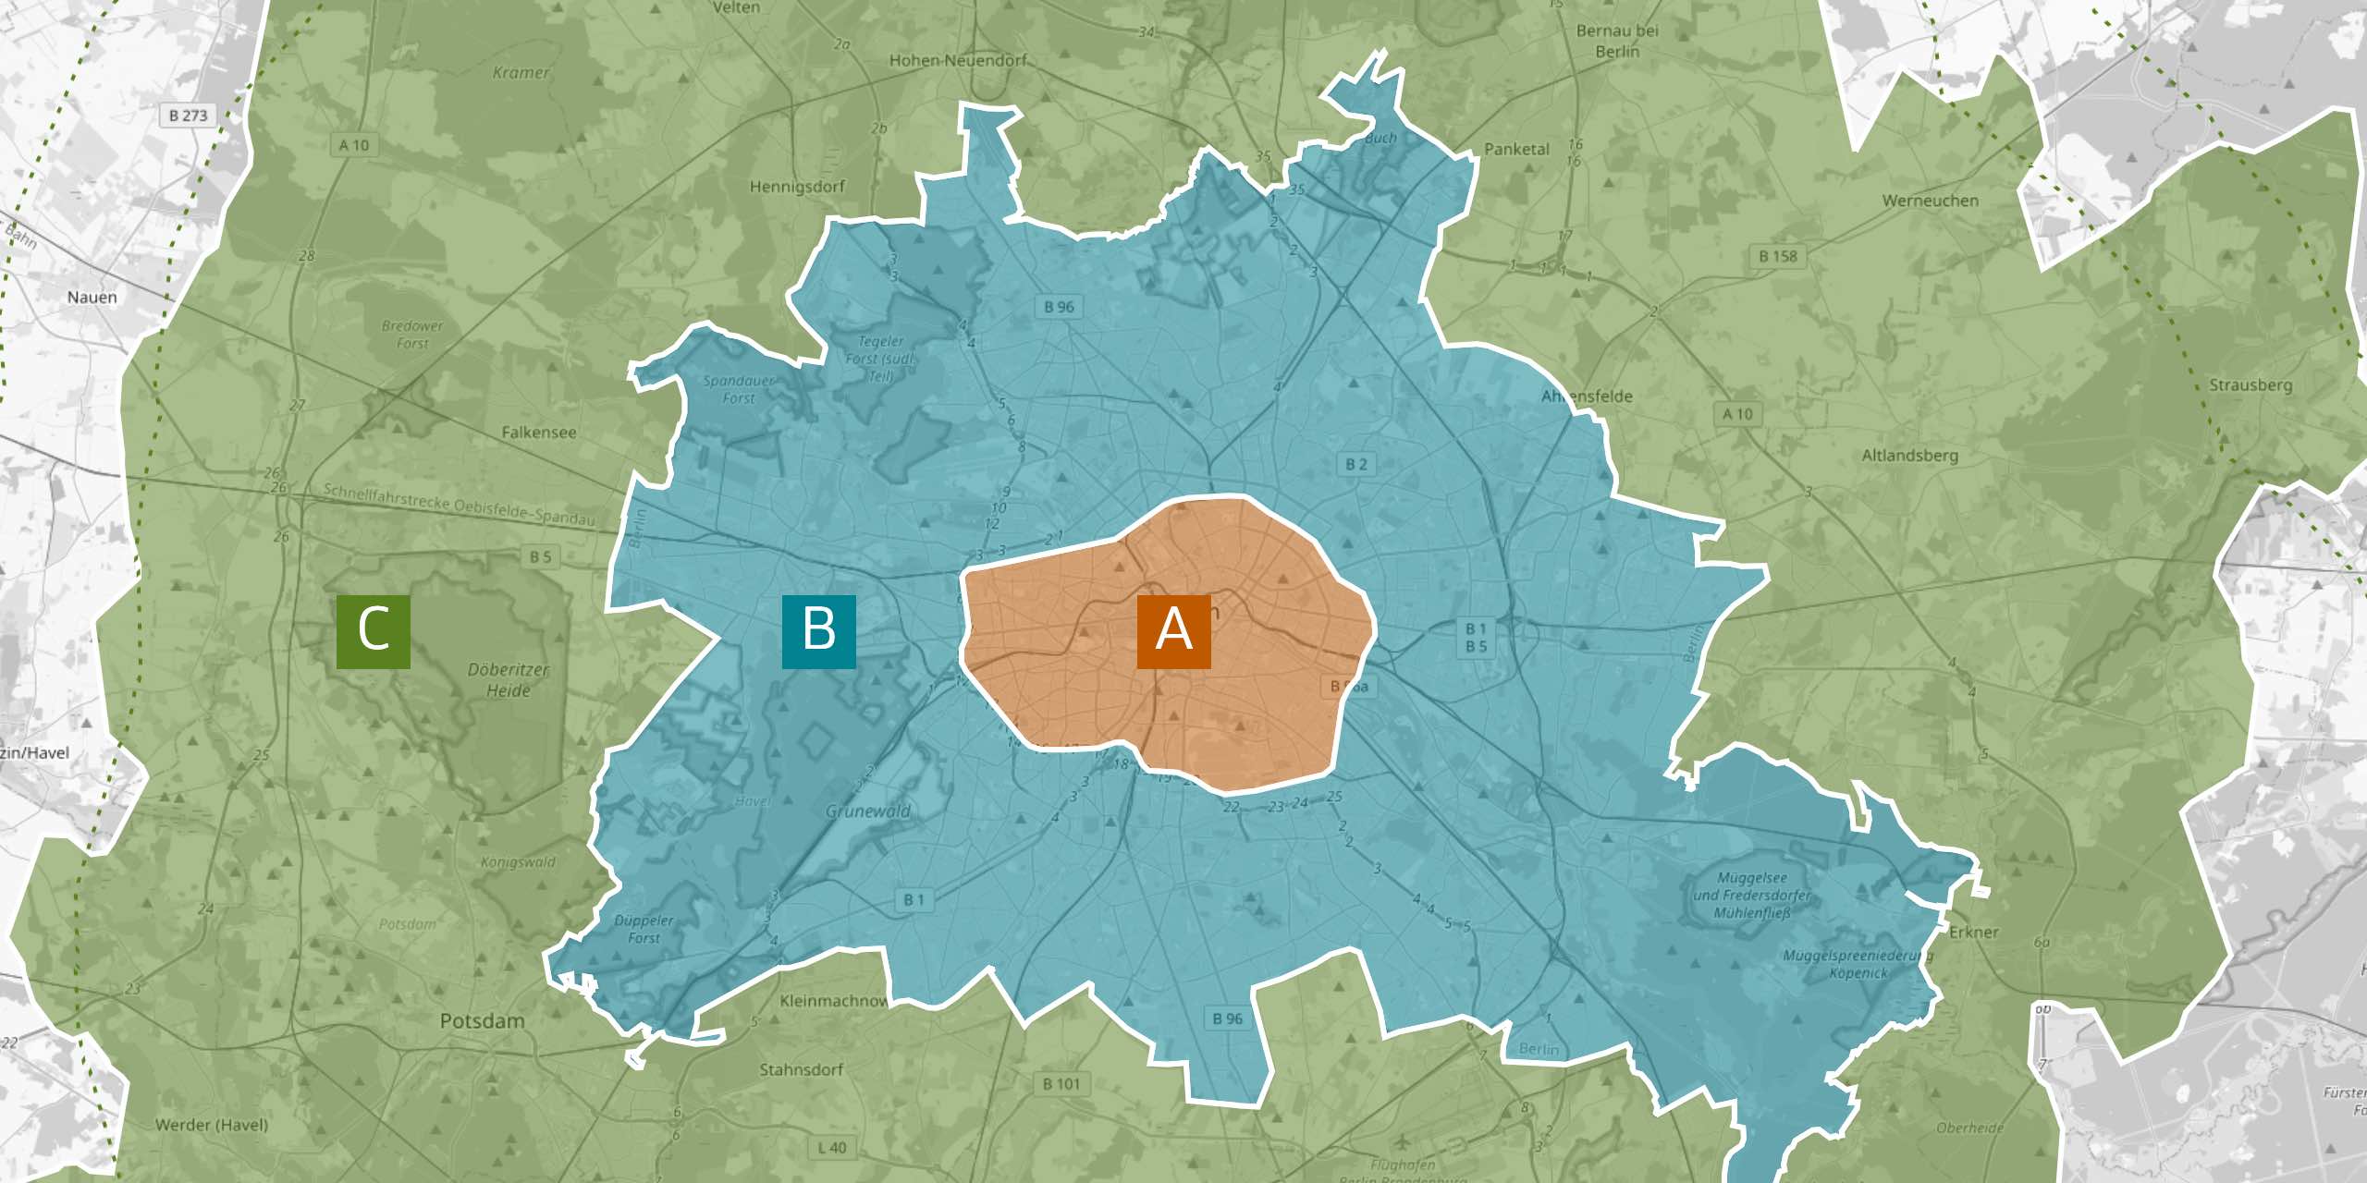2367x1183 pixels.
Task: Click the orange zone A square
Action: [1173, 631]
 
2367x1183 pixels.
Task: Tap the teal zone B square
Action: [818, 631]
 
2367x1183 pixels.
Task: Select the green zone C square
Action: [373, 631]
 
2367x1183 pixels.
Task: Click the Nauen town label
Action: [92, 298]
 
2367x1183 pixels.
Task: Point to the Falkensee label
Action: [538, 433]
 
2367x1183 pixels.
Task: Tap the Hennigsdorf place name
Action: [797, 187]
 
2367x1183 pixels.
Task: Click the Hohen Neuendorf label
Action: [958, 61]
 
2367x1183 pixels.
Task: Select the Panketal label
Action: [1516, 149]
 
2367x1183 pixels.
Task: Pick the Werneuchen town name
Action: [1931, 201]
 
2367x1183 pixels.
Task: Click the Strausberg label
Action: [2250, 384]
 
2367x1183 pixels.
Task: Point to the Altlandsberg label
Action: [1909, 456]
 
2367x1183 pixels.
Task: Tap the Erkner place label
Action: [1974, 932]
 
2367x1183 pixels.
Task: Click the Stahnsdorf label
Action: [801, 1070]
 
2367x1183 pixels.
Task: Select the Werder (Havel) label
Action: [212, 1125]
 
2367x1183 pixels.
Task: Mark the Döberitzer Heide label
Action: [508, 680]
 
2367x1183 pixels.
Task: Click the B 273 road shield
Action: [189, 116]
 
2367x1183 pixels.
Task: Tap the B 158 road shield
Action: [1778, 256]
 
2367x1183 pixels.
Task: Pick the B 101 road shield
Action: [1061, 1083]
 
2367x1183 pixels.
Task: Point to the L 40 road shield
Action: [831, 1148]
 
